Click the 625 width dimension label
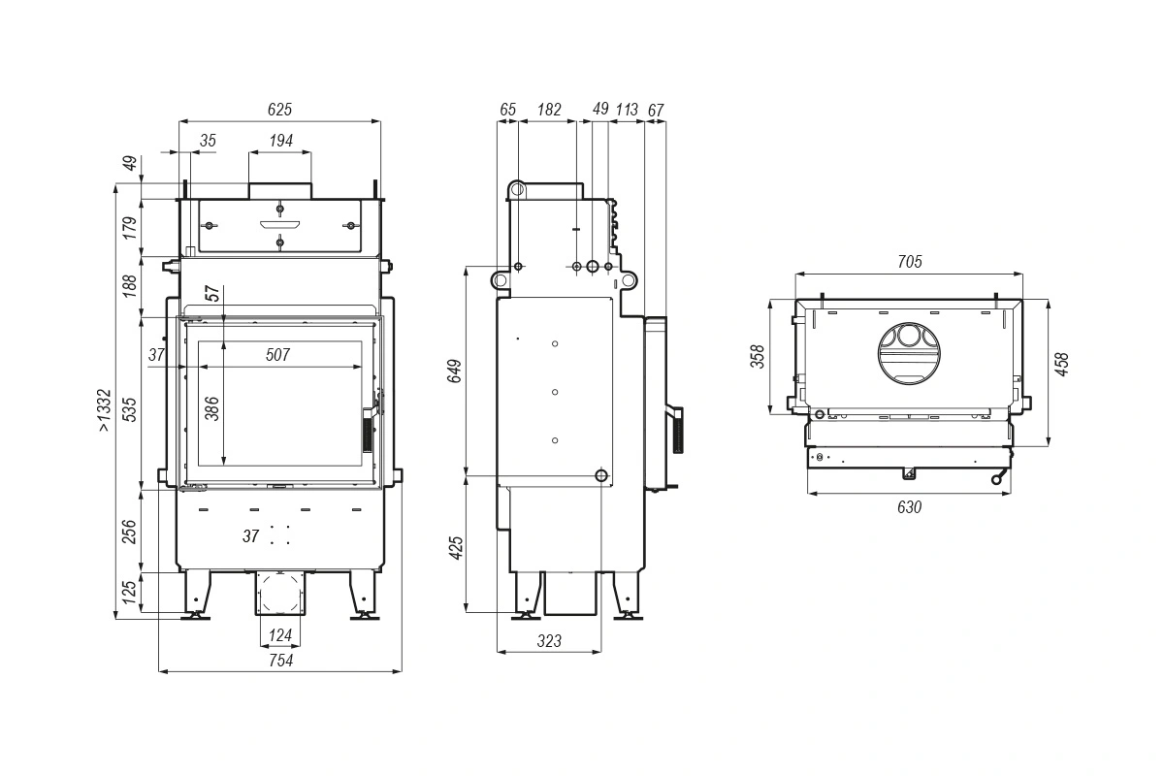[x=279, y=110]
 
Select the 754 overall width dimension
[x=280, y=661]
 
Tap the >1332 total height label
[x=104, y=410]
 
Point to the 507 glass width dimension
[x=277, y=355]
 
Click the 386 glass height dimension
[x=212, y=408]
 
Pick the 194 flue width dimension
[x=280, y=141]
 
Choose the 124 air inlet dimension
[x=280, y=635]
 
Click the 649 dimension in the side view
[x=455, y=371]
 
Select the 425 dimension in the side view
[x=456, y=548]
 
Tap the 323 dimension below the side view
[x=549, y=641]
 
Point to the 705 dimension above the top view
[x=910, y=262]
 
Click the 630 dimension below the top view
[x=910, y=506]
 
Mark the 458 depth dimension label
[x=1061, y=365]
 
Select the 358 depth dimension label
[x=759, y=357]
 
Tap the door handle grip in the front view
[x=368, y=435]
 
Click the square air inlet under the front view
[x=280, y=593]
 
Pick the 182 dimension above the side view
[x=549, y=110]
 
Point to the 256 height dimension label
[x=129, y=532]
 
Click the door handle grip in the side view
[x=678, y=431]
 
